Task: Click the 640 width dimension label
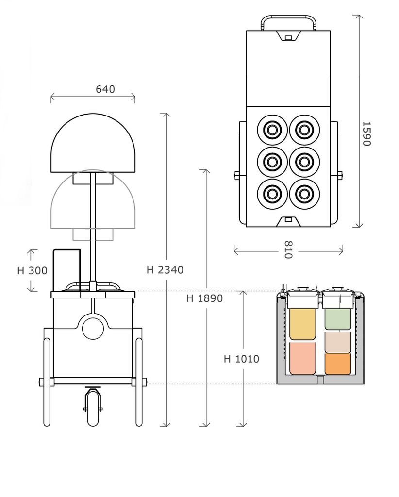tap(105, 89)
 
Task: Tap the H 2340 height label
tap(165, 270)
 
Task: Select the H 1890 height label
tap(204, 298)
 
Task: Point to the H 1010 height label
tap(241, 359)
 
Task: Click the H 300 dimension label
tap(32, 270)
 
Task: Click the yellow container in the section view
tap(302, 324)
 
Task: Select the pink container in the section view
tap(302, 358)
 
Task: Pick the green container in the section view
tap(337, 319)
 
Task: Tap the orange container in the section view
tap(337, 364)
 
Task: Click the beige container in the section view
tap(337, 342)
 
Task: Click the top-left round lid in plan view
tap(272, 130)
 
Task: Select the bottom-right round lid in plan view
tap(304, 194)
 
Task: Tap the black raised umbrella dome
tap(93, 143)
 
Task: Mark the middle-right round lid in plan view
tap(304, 162)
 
